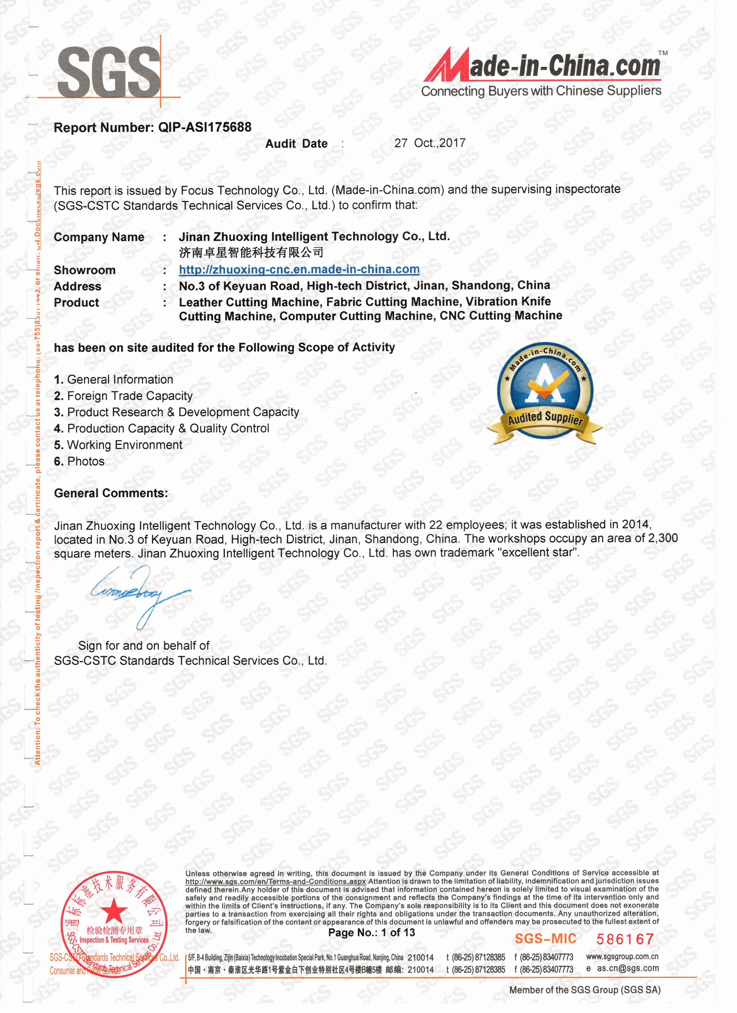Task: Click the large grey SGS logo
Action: (109, 73)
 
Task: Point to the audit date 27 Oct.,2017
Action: (430, 143)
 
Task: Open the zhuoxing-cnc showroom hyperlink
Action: (299, 269)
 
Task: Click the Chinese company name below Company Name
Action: (251, 253)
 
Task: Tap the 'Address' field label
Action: (78, 286)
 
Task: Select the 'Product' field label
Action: (76, 303)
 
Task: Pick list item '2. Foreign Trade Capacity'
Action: (123, 396)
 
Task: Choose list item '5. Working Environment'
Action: (118, 445)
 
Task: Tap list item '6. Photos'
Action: (79, 461)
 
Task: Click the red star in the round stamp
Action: (114, 909)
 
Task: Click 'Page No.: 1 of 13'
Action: (372, 932)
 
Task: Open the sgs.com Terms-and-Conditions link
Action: (276, 882)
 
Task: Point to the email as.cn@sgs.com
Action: (628, 968)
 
